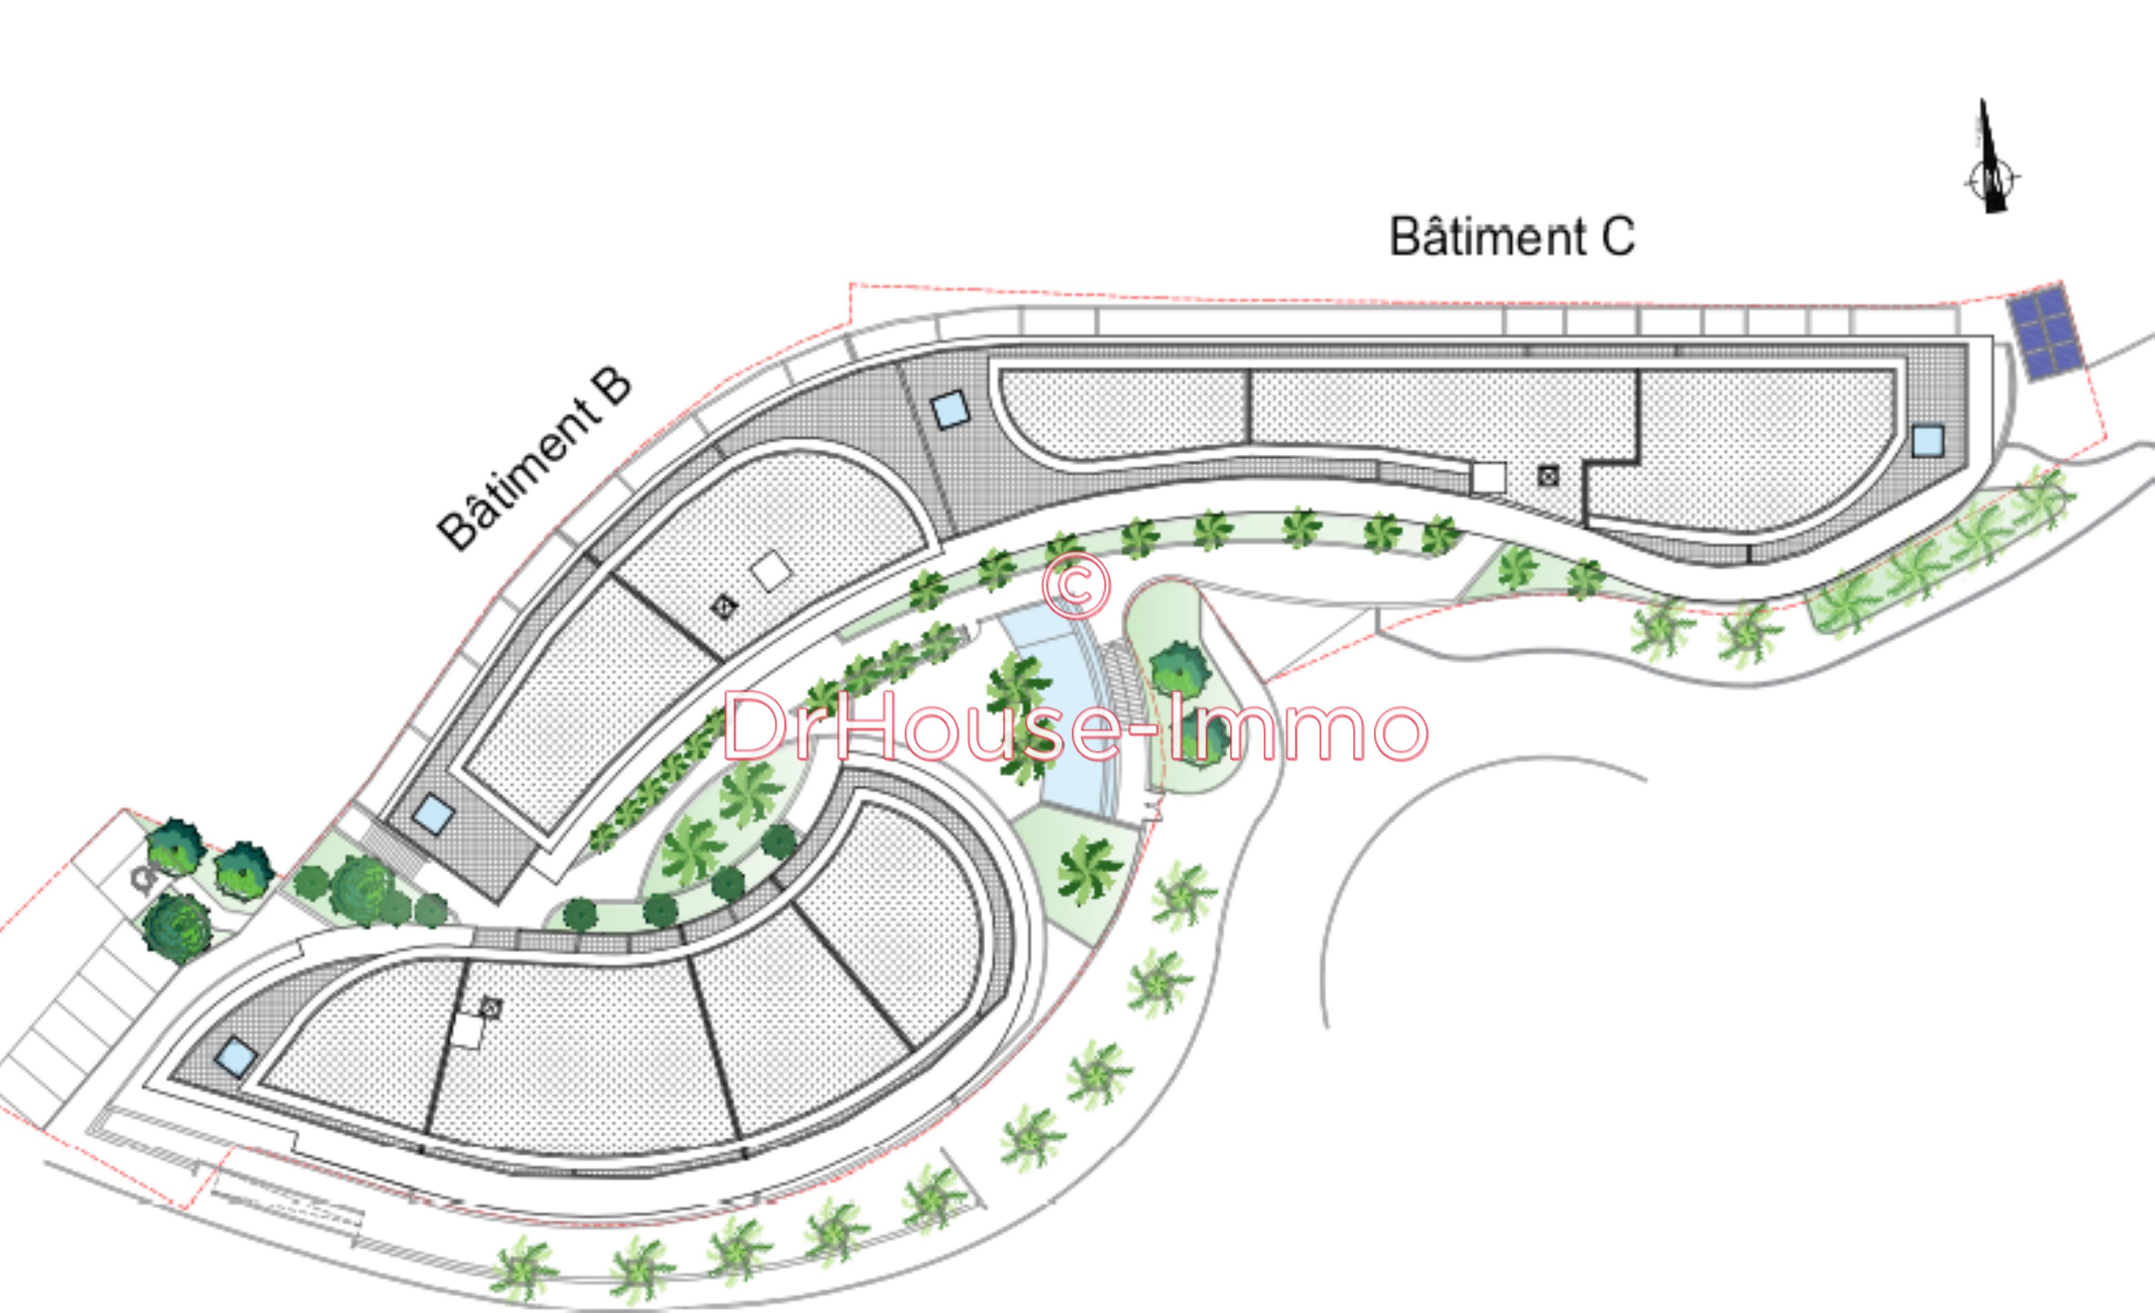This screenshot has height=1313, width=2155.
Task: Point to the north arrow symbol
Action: (x=1991, y=157)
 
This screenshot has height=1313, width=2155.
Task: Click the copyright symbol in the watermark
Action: (x=1076, y=585)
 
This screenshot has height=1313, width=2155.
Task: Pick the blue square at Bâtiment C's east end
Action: (x=1928, y=441)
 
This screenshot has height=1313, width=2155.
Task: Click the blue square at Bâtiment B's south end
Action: (x=434, y=814)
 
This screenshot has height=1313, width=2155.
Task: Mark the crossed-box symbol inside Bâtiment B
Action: (x=724, y=606)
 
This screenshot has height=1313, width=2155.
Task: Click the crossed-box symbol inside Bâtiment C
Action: (x=1548, y=476)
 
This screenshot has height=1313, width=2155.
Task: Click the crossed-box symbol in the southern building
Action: (x=491, y=1008)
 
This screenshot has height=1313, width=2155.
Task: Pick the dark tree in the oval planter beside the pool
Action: (x=1181, y=669)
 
